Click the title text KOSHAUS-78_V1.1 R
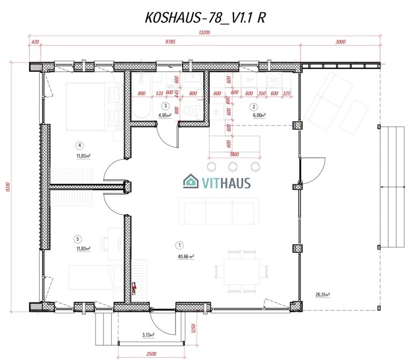205,17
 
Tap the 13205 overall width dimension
204,33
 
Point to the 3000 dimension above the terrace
340,41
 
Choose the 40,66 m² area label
185,256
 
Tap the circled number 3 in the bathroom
166,106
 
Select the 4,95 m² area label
166,115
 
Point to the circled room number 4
79,145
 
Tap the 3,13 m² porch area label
148,335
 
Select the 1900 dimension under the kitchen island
233,155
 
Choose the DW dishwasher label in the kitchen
249,79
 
